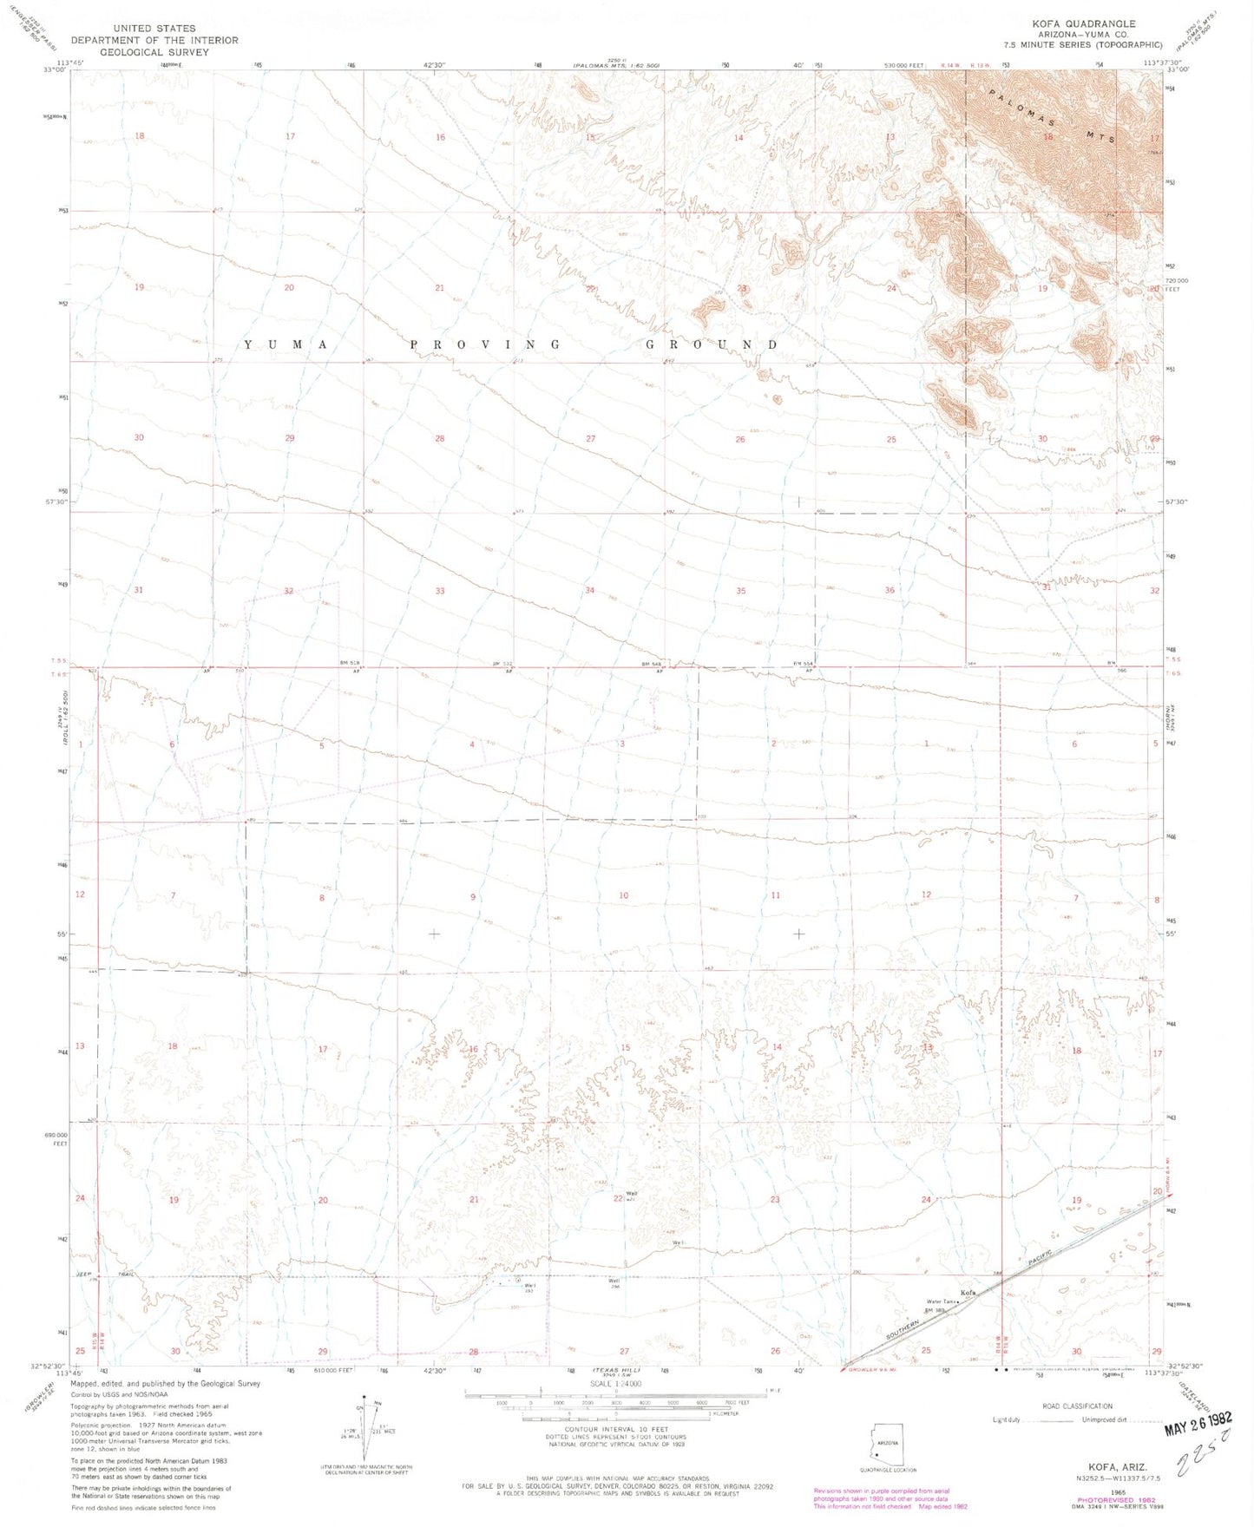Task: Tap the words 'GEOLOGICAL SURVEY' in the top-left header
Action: pos(154,52)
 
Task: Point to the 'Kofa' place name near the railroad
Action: pos(968,1293)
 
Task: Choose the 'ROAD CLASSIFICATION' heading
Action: pos(1077,1406)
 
